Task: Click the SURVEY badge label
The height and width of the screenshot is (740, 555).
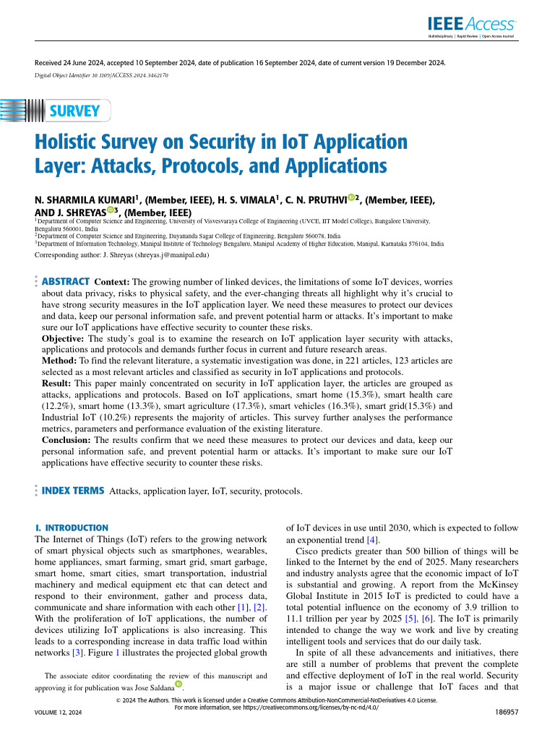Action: pos(74,111)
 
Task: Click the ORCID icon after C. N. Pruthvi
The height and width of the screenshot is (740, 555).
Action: pos(351,197)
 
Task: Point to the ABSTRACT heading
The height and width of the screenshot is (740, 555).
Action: pos(65,281)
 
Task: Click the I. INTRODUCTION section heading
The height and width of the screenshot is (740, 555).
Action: pos(72,528)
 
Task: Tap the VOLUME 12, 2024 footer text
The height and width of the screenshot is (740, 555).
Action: pos(59,713)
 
